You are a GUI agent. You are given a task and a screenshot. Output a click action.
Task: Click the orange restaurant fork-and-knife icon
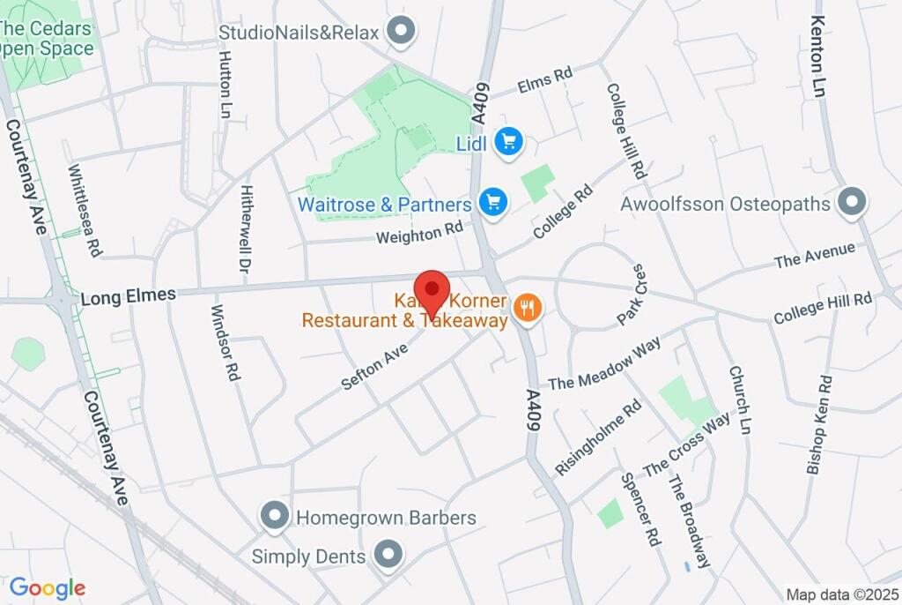point(528,308)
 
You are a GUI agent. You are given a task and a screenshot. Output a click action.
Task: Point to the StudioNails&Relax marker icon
point(402,32)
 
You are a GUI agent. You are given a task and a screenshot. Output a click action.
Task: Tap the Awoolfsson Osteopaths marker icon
point(851,203)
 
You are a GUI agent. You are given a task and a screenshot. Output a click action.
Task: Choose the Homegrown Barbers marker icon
point(275,517)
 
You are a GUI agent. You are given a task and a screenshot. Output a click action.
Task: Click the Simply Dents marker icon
point(386,556)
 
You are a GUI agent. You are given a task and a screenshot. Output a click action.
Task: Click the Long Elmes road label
point(128,296)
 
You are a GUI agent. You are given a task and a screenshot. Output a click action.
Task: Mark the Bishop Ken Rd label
point(819,425)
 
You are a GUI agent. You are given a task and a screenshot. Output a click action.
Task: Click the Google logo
point(47,587)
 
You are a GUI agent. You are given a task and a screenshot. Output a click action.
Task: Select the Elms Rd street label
point(545,81)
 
